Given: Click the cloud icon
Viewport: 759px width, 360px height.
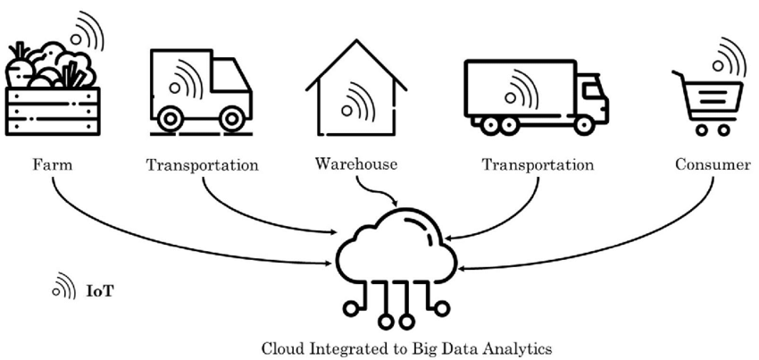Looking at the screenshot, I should click(x=396, y=248).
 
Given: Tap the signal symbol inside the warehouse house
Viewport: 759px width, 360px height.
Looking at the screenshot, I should click(x=358, y=98).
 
